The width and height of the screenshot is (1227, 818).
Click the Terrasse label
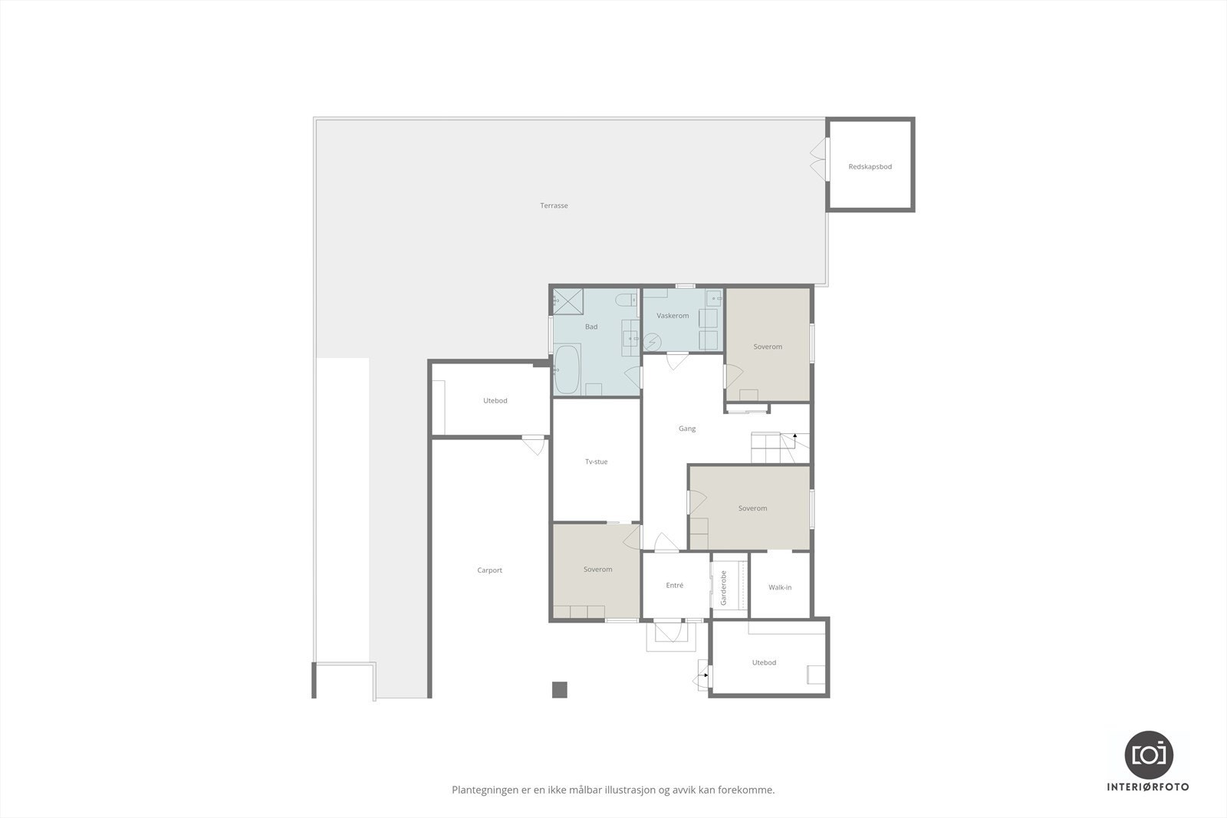554,205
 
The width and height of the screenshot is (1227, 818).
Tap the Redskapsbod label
870,166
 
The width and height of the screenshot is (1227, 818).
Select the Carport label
489,570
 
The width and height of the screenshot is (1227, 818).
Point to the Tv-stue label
596,462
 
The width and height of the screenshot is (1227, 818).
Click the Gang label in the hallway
686,429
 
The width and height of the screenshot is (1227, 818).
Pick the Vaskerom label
673,316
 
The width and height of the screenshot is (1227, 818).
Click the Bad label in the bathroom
590,327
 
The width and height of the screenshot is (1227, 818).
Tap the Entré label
674,585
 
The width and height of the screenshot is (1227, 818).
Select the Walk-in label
780,587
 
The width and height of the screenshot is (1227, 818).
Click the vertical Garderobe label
723,588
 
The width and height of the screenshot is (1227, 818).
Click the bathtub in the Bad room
567,370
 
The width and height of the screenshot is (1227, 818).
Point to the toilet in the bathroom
627,299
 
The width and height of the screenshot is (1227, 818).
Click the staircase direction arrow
795,436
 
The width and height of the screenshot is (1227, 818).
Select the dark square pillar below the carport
559,689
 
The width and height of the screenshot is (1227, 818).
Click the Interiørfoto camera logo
1148,754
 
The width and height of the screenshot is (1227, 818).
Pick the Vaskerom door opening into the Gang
677,360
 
